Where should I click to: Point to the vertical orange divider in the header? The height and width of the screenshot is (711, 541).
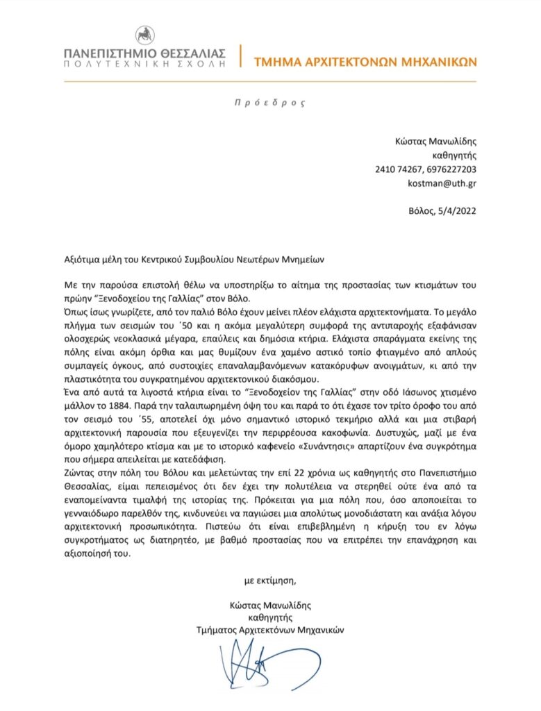pyautogui.click(x=240, y=56)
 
